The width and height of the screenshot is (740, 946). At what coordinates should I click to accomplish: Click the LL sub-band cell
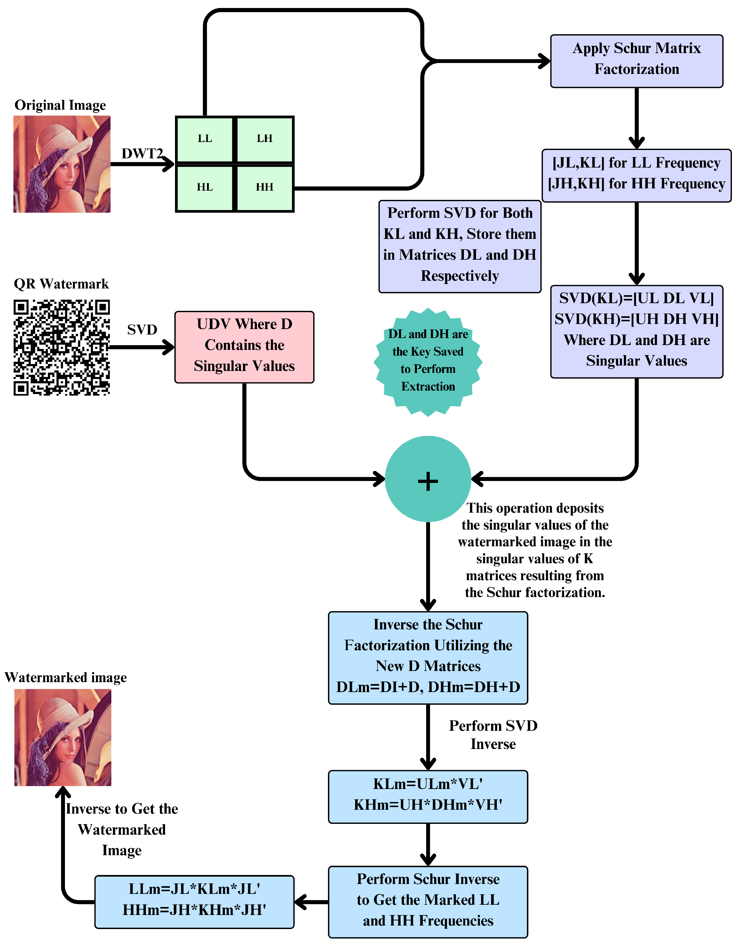click(x=204, y=139)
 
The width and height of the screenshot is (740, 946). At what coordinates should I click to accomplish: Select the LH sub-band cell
click(x=264, y=139)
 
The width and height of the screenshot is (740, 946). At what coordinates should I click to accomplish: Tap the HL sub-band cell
click(x=204, y=187)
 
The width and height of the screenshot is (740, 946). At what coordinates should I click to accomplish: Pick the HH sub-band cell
click(x=264, y=187)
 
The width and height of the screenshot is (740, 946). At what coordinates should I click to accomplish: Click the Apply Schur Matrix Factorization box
click(x=636, y=61)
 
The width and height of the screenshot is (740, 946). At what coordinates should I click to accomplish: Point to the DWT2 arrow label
click(x=142, y=153)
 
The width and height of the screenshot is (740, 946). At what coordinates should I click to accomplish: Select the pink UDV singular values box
click(x=244, y=347)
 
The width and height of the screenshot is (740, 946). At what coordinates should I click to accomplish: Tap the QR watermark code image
click(x=61, y=347)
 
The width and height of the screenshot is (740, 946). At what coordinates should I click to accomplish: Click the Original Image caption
click(x=60, y=105)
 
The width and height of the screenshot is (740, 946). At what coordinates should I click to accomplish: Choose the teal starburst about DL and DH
click(x=428, y=362)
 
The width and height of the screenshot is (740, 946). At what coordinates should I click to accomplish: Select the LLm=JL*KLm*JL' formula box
click(x=195, y=902)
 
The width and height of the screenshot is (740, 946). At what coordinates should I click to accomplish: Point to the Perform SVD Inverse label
click(x=493, y=735)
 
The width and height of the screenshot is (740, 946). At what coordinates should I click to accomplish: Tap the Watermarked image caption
click(x=66, y=677)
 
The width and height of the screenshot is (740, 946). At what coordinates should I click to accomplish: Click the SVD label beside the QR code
click(x=142, y=330)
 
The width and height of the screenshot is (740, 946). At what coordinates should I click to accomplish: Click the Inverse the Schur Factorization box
click(x=428, y=658)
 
